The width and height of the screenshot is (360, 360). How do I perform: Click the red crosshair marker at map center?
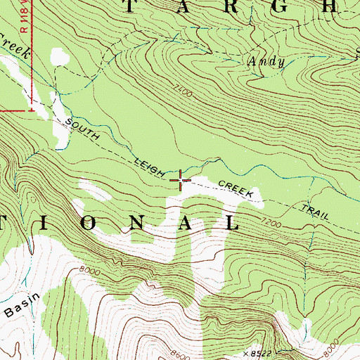coord(181,181)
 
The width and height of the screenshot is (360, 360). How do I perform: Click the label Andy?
coord(266,62)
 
